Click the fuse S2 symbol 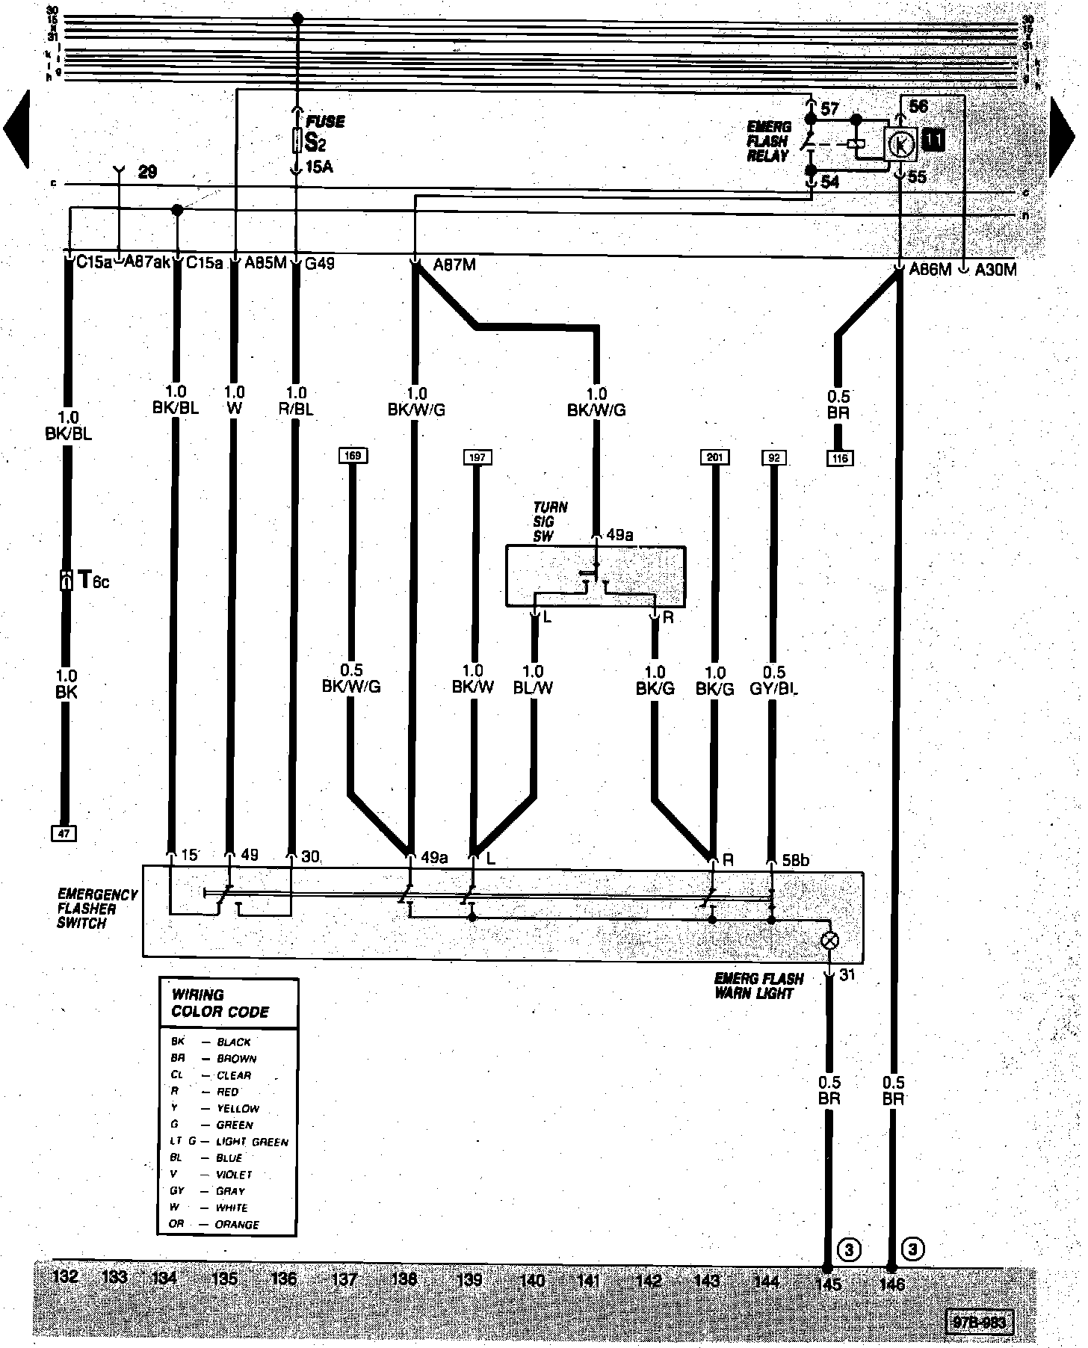[x=297, y=140]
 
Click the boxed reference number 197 [x=477, y=457]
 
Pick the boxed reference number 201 [x=715, y=457]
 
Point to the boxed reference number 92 [x=774, y=457]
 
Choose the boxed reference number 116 [x=839, y=458]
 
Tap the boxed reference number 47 [x=65, y=832]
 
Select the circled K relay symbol [x=902, y=144]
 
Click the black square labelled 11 [x=933, y=140]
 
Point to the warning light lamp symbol [x=829, y=941]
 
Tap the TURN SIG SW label [x=550, y=521]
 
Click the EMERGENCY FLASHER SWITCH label [x=97, y=909]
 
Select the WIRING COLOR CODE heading [x=220, y=1004]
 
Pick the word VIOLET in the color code [x=234, y=1175]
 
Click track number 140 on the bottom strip [x=531, y=1280]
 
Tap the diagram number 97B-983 [x=979, y=1322]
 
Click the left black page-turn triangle [x=16, y=129]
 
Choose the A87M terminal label [x=454, y=265]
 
